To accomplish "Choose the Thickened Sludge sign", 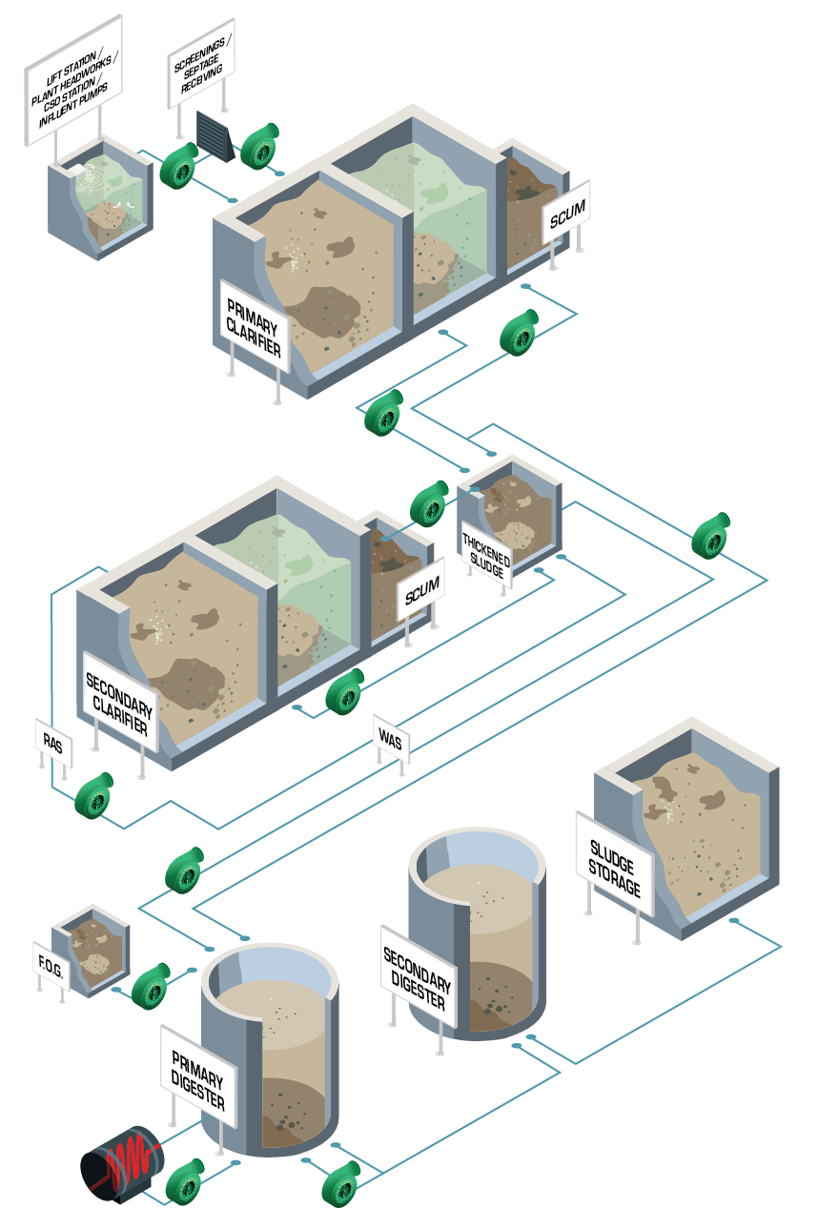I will pyautogui.click(x=486, y=552).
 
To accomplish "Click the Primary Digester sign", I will pyautogui.click(x=197, y=1078).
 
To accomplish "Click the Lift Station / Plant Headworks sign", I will pyautogui.click(x=74, y=80).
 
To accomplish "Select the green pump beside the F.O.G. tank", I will pyautogui.click(x=152, y=984).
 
